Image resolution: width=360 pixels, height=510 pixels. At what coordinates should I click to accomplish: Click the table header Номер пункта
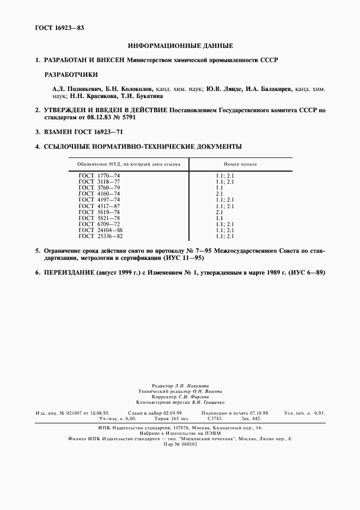[x=240, y=163]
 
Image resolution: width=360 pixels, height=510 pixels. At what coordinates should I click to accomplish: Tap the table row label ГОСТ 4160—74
[x=99, y=193]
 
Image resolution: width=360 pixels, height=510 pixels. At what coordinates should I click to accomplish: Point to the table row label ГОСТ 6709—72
[x=99, y=223]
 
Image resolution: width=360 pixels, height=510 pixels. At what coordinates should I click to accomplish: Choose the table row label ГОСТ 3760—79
[x=99, y=187]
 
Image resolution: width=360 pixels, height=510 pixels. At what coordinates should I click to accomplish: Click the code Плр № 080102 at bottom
[x=180, y=444]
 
